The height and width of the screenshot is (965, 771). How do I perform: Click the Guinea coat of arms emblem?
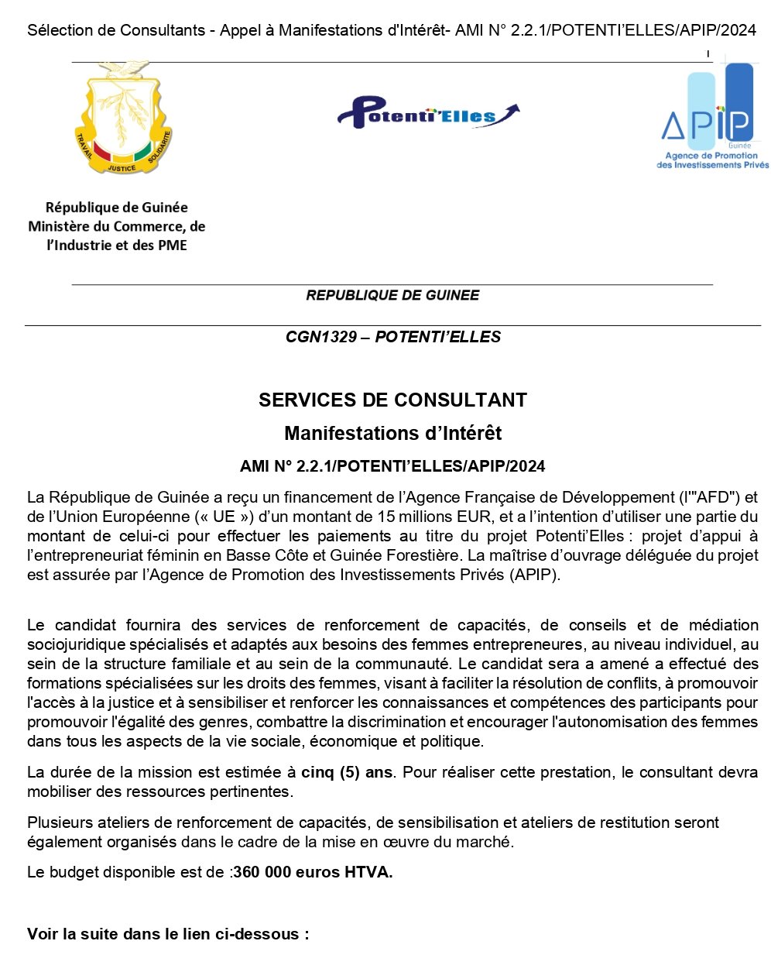coord(122,118)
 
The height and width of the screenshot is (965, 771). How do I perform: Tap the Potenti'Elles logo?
coord(427,114)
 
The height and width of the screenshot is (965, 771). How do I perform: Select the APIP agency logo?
coord(711,116)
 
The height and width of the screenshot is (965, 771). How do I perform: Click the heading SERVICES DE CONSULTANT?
coord(392,400)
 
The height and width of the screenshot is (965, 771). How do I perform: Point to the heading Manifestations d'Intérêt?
coord(392,433)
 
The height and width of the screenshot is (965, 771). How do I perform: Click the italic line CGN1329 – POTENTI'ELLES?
coord(392,337)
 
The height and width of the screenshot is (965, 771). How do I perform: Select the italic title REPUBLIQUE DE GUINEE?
coord(392,295)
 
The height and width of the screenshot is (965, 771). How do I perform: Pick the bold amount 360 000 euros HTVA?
coord(313,872)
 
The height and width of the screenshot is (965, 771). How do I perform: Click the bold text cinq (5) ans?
coord(347,772)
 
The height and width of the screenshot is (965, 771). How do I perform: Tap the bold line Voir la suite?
coord(167,934)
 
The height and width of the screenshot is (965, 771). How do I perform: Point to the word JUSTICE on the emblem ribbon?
coord(122,167)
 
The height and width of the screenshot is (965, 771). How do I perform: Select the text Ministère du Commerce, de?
coord(117,226)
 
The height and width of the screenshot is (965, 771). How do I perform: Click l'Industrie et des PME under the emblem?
coord(117,246)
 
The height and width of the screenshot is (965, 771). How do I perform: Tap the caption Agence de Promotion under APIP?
coord(711,156)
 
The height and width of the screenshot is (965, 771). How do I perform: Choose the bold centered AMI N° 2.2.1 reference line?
coord(392,466)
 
